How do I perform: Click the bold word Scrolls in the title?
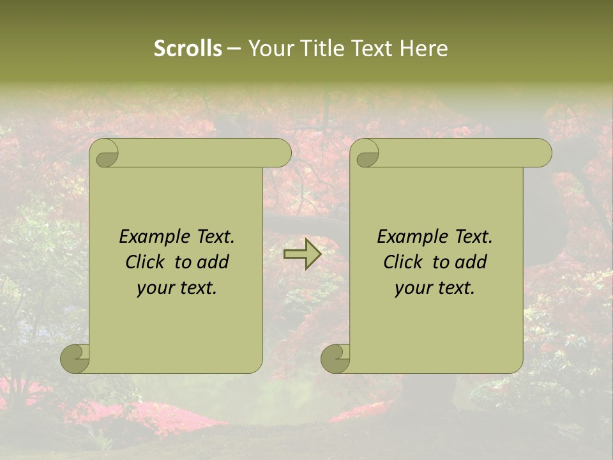point(188,49)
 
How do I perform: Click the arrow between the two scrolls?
point(302,254)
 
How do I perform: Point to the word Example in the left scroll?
point(154,237)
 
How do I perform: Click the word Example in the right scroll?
point(412,237)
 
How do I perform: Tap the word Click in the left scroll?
point(146,262)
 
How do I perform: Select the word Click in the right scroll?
point(404,262)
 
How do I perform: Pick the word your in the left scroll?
point(156,289)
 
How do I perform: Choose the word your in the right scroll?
point(414,289)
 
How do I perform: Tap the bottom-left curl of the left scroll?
point(75,358)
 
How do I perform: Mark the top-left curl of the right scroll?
point(366,153)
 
